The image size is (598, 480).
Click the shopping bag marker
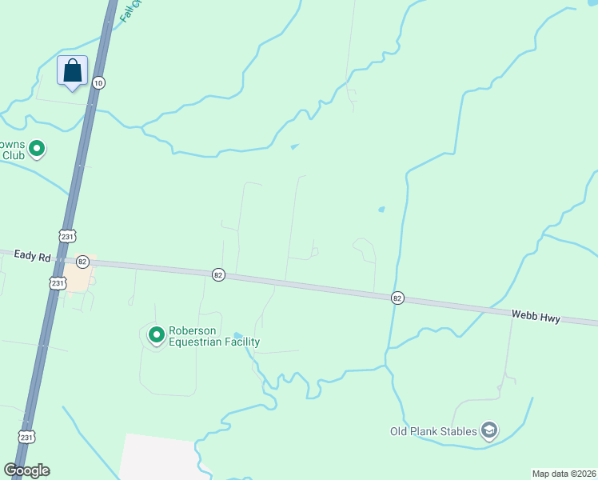click(x=72, y=70)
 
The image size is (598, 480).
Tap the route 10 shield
click(x=98, y=82)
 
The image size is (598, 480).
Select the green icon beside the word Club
click(x=37, y=149)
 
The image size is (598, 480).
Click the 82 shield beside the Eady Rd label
click(x=82, y=262)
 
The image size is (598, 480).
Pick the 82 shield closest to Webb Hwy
click(x=397, y=298)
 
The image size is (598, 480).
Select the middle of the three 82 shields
click(x=218, y=274)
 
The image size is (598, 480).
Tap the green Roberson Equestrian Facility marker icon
click(x=155, y=334)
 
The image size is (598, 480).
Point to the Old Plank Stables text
click(x=433, y=432)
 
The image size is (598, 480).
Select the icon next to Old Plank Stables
click(x=489, y=432)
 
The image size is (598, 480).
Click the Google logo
click(x=27, y=470)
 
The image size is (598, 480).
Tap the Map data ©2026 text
click(x=564, y=474)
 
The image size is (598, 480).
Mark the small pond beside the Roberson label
click(x=237, y=335)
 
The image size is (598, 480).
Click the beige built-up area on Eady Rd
click(x=77, y=277)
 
